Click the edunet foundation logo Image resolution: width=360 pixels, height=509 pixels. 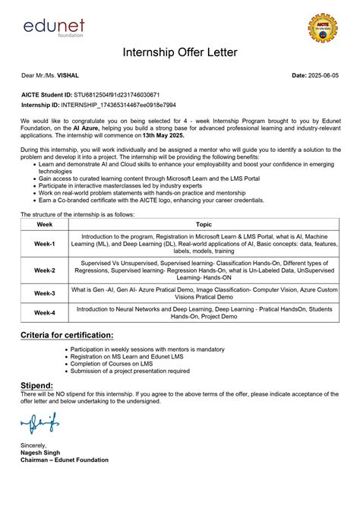click(x=53, y=27)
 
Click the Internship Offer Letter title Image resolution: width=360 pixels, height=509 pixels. click(x=180, y=52)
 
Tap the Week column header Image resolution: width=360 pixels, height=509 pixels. click(x=44, y=225)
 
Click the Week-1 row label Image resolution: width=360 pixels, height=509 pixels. click(x=44, y=244)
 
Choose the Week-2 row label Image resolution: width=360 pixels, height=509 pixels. click(x=44, y=270)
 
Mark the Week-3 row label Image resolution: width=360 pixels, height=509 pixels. click(x=44, y=292)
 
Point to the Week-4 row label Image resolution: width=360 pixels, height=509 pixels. click(x=44, y=312)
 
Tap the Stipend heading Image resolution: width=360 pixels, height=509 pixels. click(x=36, y=386)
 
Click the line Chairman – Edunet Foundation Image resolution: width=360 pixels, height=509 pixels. click(x=65, y=460)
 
